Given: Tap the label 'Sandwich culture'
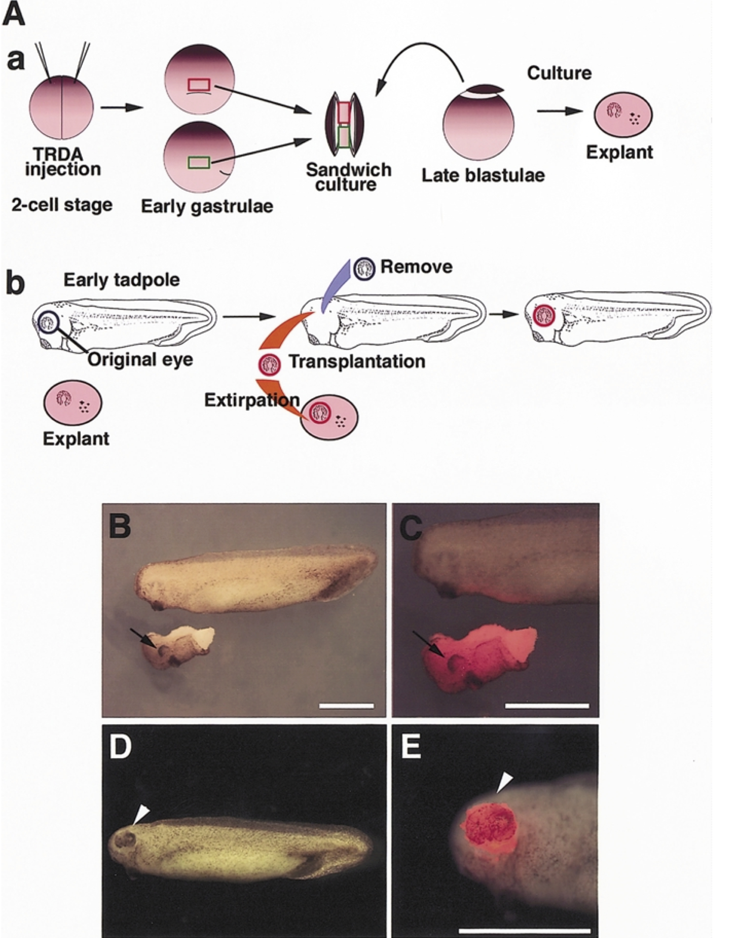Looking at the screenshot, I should tap(349, 177).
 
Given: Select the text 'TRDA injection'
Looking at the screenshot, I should tap(63, 162).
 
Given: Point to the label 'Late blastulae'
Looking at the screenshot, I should tap(483, 175).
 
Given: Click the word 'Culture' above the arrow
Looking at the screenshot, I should tap(559, 73).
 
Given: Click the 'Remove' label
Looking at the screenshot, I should tap(416, 267).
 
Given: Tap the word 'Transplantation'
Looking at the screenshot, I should tap(357, 362).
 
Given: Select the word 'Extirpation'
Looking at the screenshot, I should tap(252, 400).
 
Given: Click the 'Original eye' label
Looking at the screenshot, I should tap(140, 360).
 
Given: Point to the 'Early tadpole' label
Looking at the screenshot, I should tap(122, 280).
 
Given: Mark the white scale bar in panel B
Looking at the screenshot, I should tap(346, 706).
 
